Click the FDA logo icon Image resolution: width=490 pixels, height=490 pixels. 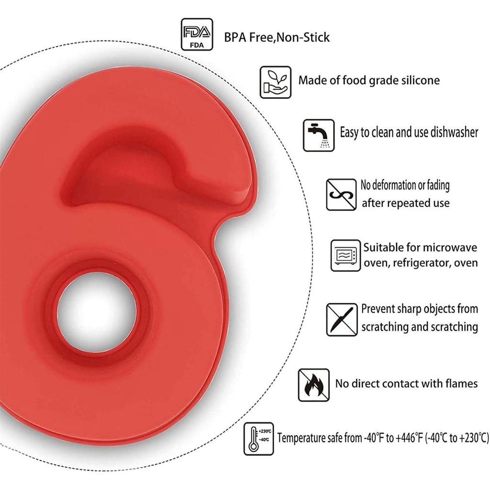pos(197,34)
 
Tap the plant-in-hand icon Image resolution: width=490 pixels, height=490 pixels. pos(276,82)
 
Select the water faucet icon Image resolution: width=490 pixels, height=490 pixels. pos(319,135)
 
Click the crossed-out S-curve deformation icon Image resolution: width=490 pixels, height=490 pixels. pos(341,195)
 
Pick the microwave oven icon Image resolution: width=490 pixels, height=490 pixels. pos(345,256)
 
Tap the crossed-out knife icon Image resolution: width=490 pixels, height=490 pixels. pos(342,320)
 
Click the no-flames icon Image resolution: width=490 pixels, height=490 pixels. pos(314,385)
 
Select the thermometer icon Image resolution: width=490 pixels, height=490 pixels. pos(259,439)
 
